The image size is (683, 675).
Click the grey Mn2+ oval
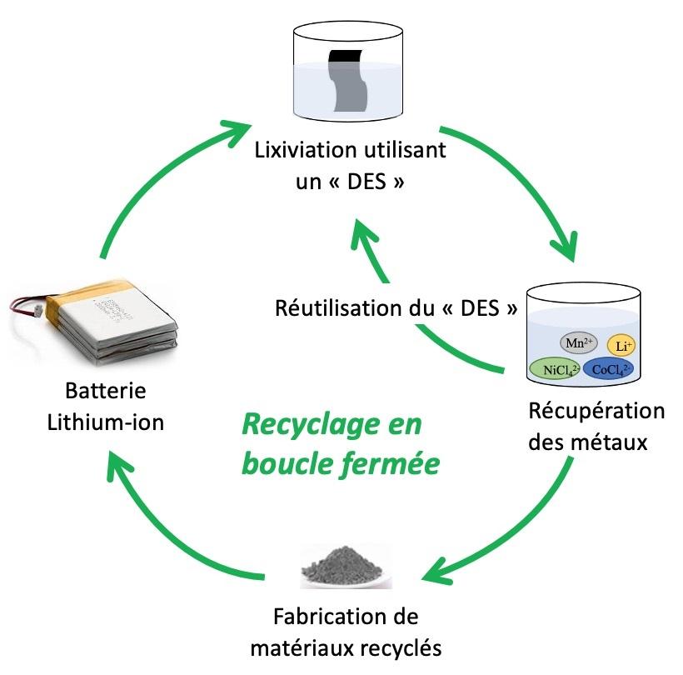pos(580,342)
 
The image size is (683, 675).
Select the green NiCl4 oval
pos(554,368)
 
